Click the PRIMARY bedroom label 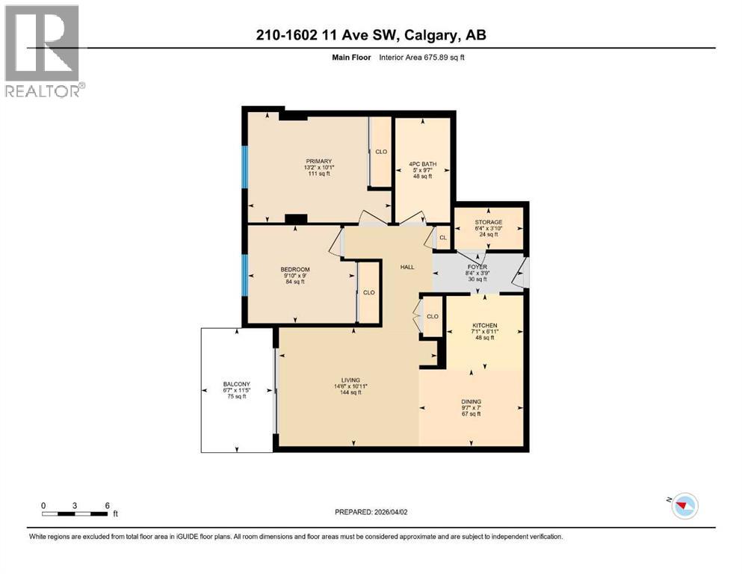(318, 161)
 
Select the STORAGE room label (488, 222)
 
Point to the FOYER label (477, 266)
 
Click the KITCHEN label (484, 326)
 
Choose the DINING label (471, 401)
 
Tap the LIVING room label (347, 380)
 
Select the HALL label (406, 267)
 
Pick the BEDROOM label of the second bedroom (295, 269)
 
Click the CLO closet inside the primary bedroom (381, 152)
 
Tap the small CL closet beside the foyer (442, 238)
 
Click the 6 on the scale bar (108, 505)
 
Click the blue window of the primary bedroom (244, 167)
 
